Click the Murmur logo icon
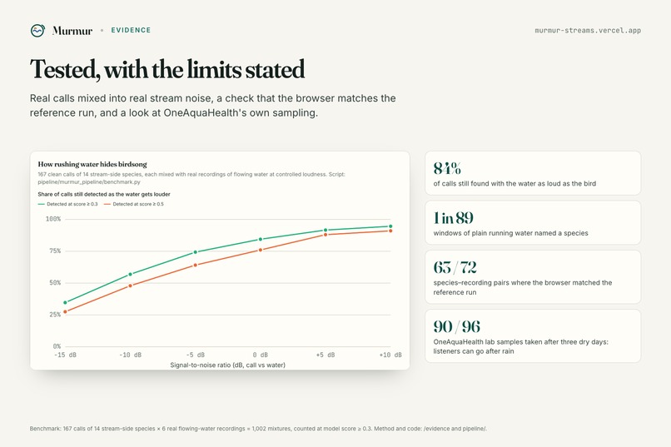(37, 30)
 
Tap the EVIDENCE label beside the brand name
(131, 30)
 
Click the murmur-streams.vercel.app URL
(588, 30)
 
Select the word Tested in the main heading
(65, 69)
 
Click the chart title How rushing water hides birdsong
(92, 164)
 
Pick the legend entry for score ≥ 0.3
(68, 204)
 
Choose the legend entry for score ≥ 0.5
(134, 204)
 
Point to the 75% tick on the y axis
(55, 251)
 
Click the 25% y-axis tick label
(55, 315)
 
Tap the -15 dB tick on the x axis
(66, 355)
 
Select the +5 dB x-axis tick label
(326, 355)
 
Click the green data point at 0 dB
(261, 239)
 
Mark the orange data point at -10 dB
(131, 286)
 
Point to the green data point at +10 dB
(390, 226)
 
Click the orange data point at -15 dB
(65, 312)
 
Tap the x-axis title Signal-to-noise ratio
(227, 365)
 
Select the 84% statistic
(447, 168)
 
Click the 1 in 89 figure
(454, 218)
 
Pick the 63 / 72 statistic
(455, 267)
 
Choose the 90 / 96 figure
(456, 326)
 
